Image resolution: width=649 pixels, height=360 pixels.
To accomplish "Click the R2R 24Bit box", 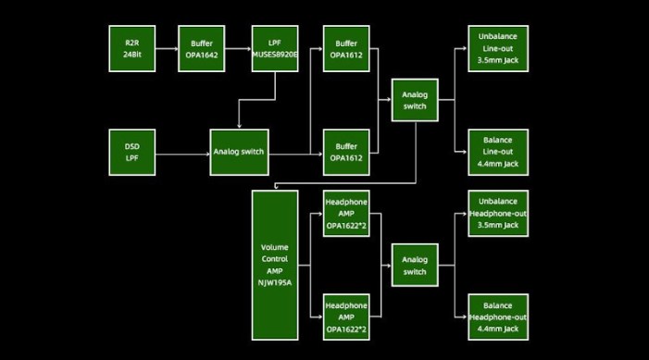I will [131, 49].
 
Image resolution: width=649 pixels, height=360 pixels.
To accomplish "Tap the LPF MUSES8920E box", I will [275, 49].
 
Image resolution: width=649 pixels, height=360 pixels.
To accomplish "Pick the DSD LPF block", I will [131, 152].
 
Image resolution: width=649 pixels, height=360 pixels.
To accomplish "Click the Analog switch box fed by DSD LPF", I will [239, 152].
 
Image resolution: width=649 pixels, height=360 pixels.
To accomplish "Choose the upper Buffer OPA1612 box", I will [346, 49].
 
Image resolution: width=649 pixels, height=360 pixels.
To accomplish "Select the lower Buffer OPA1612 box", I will [346, 152].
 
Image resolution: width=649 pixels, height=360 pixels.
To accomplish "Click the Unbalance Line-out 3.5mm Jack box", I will [498, 49].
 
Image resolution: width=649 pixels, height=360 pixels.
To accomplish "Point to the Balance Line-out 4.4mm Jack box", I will [498, 152].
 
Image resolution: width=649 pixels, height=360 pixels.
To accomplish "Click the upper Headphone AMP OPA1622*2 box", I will [346, 216].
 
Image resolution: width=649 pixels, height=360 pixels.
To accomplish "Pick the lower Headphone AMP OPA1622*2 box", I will [346, 317].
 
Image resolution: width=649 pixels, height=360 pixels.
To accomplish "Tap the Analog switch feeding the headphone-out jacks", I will [415, 266].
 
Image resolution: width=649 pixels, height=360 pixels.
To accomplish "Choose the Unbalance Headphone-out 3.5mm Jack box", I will [498, 214].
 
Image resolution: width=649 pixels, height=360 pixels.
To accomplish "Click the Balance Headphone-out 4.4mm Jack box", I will [498, 317].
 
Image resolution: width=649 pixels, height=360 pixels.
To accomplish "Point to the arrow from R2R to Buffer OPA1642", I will [168, 49].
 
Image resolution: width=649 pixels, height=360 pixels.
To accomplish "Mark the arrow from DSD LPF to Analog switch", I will [181, 152].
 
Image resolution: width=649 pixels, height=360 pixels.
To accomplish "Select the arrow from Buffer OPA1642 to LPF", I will [239, 49].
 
